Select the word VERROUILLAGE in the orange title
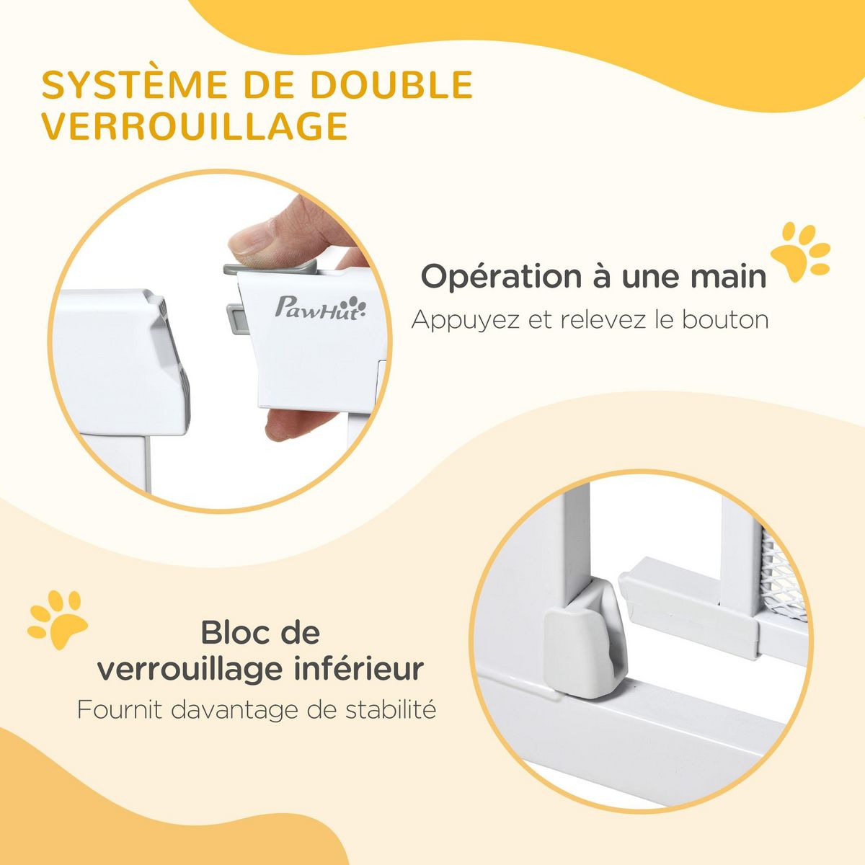[195, 126]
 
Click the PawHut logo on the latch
[321, 308]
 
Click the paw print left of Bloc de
[58, 619]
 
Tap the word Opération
[502, 277]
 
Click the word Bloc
[231, 633]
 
